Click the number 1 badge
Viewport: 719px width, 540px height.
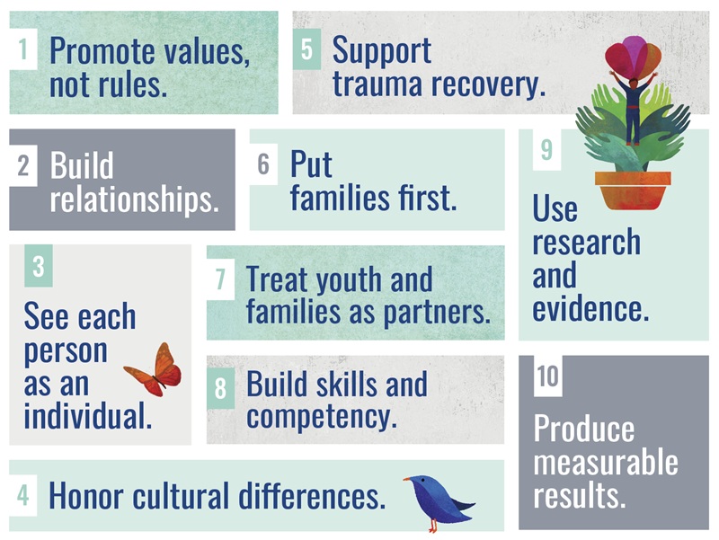point(23,49)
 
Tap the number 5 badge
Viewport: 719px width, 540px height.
point(306,49)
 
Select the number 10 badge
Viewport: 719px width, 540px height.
point(548,376)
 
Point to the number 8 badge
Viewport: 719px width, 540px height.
point(220,388)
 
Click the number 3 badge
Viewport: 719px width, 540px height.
point(39,266)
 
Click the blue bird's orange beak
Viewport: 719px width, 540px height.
point(407,479)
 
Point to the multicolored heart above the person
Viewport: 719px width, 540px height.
point(633,56)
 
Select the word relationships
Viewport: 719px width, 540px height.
point(134,199)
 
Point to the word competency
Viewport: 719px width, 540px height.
point(322,417)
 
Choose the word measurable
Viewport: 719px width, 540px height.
point(606,463)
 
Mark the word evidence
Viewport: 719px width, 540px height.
point(590,309)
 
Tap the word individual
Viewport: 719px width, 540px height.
point(87,416)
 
